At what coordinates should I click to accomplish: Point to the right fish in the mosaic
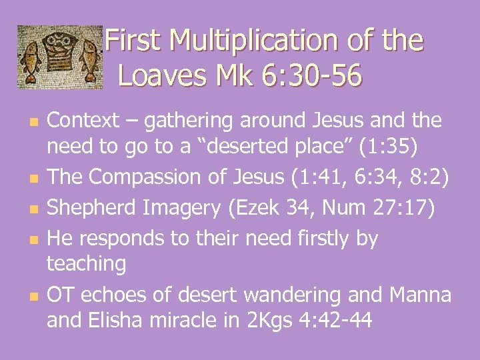tap(90, 59)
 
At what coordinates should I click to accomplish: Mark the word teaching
tap(86, 264)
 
